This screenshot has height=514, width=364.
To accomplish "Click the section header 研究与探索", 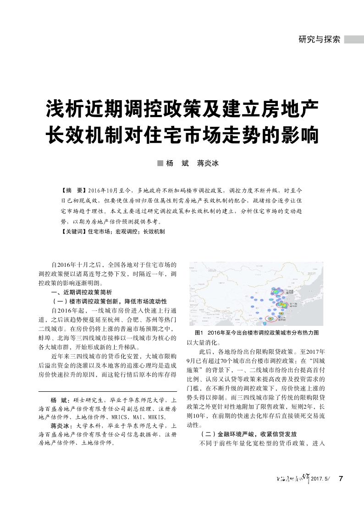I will click(x=319, y=39).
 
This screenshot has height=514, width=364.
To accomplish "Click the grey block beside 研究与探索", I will click(x=354, y=39).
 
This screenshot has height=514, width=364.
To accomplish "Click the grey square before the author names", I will click(x=160, y=163).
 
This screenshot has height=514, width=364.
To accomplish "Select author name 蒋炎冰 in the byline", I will click(x=208, y=163).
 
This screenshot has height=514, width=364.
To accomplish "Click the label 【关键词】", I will click(x=74, y=232).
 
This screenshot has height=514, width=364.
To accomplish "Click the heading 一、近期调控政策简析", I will click(x=81, y=292).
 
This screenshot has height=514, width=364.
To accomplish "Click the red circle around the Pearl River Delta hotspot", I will click(x=271, y=318).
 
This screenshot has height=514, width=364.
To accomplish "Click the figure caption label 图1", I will click(x=199, y=332).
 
